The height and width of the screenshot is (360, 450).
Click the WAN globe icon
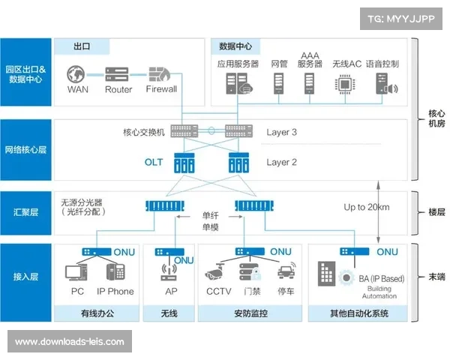77,74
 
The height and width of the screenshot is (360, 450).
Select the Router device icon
118,74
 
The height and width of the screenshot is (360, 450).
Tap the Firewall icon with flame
160,74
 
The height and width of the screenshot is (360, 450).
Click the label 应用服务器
238,64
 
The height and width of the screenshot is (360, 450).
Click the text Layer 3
282,132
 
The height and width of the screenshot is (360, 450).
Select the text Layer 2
282,162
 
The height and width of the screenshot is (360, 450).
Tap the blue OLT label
154,162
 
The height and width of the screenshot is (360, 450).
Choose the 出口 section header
82,46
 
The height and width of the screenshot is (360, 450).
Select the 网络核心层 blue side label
26,149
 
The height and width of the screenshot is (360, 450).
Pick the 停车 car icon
284,273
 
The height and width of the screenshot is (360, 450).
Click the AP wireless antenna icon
169,271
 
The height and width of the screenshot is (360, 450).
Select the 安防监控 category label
252,313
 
